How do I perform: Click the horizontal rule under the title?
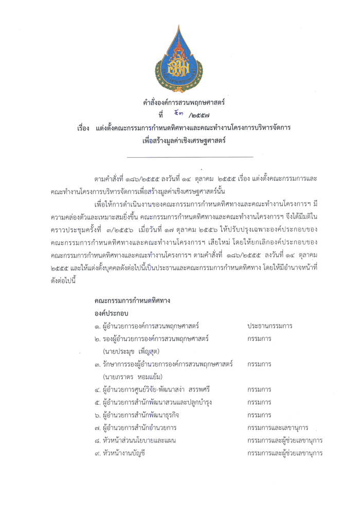tap(189, 156)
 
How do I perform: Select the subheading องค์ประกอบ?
tap(111, 313)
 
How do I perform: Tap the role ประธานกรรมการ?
tap(269, 326)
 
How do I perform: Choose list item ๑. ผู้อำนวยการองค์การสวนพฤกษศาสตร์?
tap(147, 326)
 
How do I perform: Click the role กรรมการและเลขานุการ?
tap(277, 428)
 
